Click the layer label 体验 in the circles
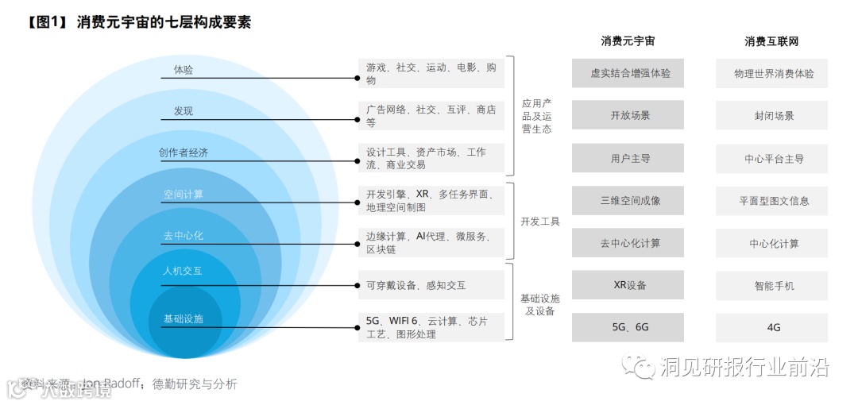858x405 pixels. [x=184, y=70]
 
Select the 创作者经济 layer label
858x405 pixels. [x=184, y=152]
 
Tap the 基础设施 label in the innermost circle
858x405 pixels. [x=184, y=319]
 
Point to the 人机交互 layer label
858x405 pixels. [x=183, y=271]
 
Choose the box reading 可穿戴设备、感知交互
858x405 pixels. [x=431, y=285]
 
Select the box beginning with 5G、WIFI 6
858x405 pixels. [x=431, y=327]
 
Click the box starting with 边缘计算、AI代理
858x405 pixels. [x=431, y=242]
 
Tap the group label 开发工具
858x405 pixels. [x=540, y=222]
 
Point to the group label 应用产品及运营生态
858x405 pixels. [x=536, y=116]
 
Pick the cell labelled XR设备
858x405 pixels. [x=628, y=285]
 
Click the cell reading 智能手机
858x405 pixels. [x=771, y=285]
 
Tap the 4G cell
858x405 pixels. [x=771, y=327]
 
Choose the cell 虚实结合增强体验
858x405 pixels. [x=628, y=73]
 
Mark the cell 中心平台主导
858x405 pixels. [x=771, y=158]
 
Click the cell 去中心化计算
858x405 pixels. [x=628, y=243]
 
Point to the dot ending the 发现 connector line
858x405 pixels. [x=357, y=119]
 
